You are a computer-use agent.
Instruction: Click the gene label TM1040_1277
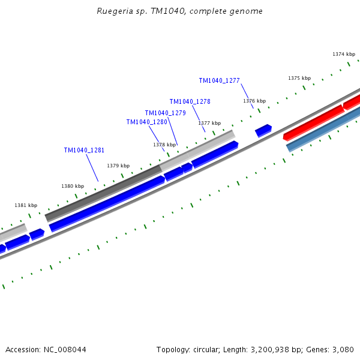pyautogui.click(x=219, y=80)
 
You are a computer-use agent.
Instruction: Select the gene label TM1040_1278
pyautogui.click(x=190, y=101)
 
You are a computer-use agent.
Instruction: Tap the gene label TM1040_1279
pyautogui.click(x=165, y=113)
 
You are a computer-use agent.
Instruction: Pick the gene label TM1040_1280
pyautogui.click(x=146, y=122)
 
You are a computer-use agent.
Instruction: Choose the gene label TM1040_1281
pyautogui.click(x=84, y=150)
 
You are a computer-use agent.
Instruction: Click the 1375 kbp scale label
pyautogui.click(x=299, y=78)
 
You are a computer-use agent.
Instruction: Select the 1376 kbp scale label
pyautogui.click(x=254, y=101)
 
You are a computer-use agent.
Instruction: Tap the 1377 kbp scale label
pyautogui.click(x=209, y=123)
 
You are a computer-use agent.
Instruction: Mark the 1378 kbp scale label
pyautogui.click(x=164, y=145)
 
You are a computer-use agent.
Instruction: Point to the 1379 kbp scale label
pyautogui.click(x=118, y=166)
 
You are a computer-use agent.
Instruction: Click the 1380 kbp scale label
pyautogui.click(x=73, y=186)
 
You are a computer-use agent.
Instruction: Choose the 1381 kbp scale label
pyautogui.click(x=26, y=205)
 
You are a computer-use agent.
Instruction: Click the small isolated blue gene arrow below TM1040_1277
pyautogui.click(x=263, y=130)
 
